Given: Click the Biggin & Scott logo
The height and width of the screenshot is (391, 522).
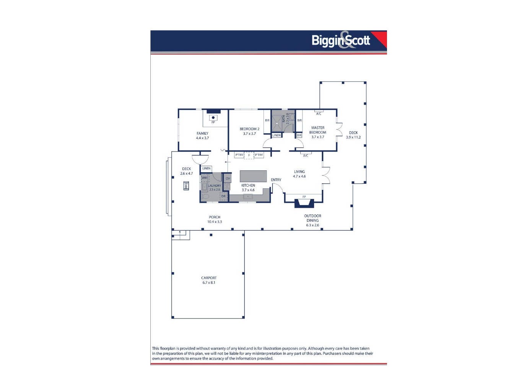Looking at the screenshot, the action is click(341, 40).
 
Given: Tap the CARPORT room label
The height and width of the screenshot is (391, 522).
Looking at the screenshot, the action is click(209, 278).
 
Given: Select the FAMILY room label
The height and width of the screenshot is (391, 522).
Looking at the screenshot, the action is click(202, 133).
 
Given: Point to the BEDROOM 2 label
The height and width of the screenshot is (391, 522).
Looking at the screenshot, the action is click(249, 129).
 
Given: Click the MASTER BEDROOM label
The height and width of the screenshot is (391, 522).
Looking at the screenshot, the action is click(318, 130).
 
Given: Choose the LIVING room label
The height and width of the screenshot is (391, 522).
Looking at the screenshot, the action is click(299, 172).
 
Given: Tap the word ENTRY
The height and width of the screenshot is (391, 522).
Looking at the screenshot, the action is click(276, 180).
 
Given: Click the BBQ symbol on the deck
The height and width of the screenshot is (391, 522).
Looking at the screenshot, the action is click(186, 186).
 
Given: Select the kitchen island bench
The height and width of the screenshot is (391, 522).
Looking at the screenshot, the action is click(253, 176).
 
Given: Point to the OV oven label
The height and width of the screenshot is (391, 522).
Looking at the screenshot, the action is click(228, 178).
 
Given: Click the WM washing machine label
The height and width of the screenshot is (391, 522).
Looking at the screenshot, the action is click(205, 178).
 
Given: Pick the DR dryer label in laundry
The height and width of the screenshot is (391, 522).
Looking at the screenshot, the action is click(223, 197).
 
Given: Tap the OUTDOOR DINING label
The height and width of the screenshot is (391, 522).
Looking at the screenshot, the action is click(312, 218).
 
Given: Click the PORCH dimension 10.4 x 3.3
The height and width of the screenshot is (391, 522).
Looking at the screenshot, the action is click(215, 222).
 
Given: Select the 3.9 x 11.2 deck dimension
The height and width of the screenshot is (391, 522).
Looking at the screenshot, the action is click(353, 137).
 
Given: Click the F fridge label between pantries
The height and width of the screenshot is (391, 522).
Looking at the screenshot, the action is click(249, 155).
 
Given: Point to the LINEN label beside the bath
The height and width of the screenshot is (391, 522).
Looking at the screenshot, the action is click(276, 135).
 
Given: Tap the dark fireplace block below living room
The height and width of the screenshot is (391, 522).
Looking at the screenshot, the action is click(304, 204).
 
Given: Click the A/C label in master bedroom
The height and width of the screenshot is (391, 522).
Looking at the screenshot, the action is click(319, 114).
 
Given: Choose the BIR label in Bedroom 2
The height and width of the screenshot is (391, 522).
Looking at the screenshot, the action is click(267, 121).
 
